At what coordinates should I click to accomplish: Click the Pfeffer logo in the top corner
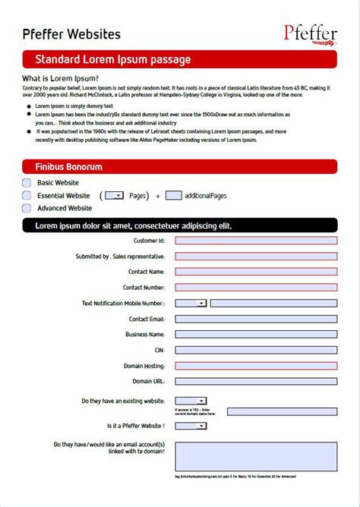click(311, 33)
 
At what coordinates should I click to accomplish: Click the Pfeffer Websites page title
click(71, 34)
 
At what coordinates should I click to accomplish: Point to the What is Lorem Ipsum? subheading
click(60, 78)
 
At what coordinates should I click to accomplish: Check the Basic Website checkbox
click(27, 183)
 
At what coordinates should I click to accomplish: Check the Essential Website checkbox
click(27, 196)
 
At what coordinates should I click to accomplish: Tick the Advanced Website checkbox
click(27, 208)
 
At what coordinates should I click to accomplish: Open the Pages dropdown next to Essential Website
click(114, 196)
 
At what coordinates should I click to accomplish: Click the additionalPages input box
click(173, 196)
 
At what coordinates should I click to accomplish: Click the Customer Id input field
click(256, 241)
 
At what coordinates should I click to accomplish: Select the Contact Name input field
click(256, 272)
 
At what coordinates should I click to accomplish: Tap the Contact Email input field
click(256, 319)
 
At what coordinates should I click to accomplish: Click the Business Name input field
click(256, 335)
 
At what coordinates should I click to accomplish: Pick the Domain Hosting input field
click(256, 366)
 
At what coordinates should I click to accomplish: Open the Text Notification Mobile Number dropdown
click(191, 304)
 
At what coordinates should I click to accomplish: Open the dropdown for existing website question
click(191, 401)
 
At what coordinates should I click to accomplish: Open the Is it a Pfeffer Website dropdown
click(191, 426)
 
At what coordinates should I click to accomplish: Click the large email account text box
click(256, 457)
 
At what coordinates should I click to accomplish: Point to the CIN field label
click(159, 350)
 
